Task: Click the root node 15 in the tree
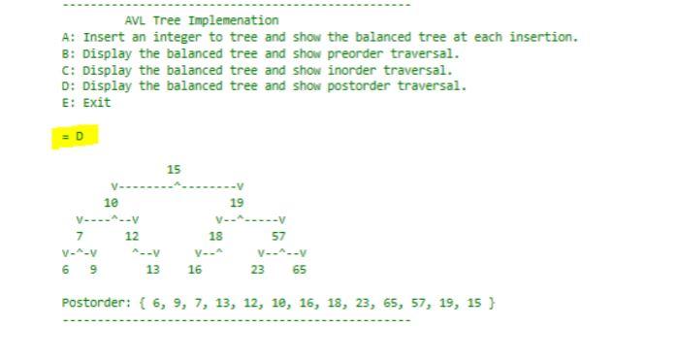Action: point(174,170)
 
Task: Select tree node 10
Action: point(111,203)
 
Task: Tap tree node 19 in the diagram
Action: point(237,203)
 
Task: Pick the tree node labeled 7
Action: point(80,236)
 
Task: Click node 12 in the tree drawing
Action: point(132,236)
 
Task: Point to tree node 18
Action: point(215,236)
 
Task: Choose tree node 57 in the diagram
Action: point(278,236)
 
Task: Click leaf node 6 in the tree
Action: point(66,270)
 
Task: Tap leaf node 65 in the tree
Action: point(299,270)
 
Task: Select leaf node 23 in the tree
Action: point(257,270)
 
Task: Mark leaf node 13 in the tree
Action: point(152,270)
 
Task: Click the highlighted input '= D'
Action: point(74,137)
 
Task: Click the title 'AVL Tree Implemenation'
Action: point(202,20)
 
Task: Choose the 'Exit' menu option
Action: point(97,103)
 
